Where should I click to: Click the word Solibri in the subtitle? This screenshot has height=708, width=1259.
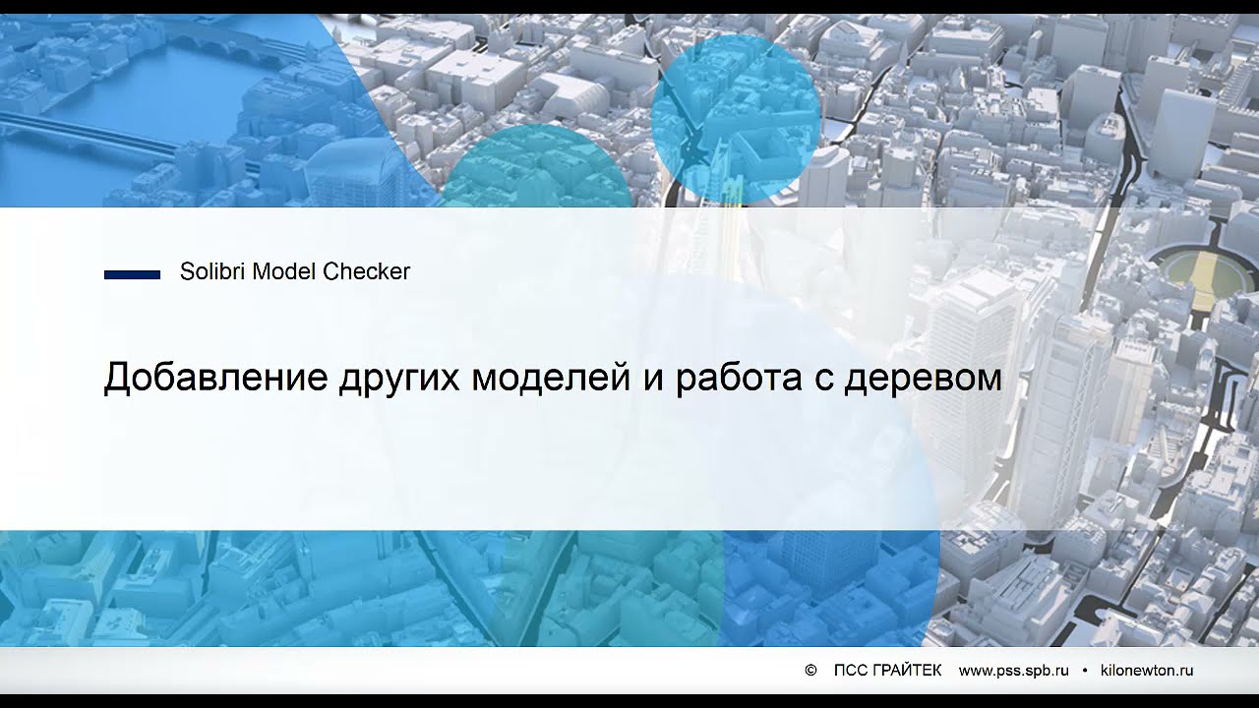pyautogui.click(x=212, y=272)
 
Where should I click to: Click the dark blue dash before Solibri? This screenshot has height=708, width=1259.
pyautogui.click(x=132, y=275)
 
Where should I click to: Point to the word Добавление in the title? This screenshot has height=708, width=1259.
pyautogui.click(x=215, y=379)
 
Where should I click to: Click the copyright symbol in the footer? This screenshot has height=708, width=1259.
pyautogui.click(x=810, y=671)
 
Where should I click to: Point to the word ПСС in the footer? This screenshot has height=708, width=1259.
pyautogui.click(x=851, y=671)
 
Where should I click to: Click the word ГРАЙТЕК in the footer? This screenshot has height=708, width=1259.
pyautogui.click(x=907, y=671)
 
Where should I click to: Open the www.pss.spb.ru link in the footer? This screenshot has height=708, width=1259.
pyautogui.click(x=1013, y=671)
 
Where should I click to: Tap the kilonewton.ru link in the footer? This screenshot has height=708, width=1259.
pyautogui.click(x=1147, y=671)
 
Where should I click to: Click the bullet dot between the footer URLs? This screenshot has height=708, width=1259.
pyautogui.click(x=1085, y=671)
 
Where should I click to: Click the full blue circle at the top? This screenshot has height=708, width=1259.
pyautogui.click(x=736, y=118)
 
